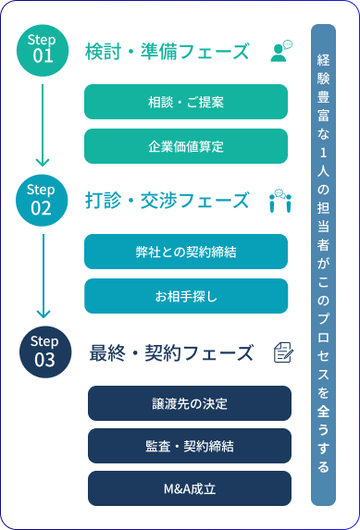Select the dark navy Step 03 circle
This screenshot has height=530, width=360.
click(44, 351)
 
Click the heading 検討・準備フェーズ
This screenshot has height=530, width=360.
click(167, 51)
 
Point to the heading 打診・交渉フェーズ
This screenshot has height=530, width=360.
click(167, 200)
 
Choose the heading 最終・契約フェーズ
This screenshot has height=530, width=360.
click(170, 352)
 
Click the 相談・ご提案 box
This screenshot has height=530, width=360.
click(185, 103)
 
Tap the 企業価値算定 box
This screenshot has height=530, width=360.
click(185, 146)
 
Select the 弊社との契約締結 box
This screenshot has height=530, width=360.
click(185, 253)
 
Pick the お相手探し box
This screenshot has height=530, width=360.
click(185, 296)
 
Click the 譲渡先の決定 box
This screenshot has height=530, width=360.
click(189, 404)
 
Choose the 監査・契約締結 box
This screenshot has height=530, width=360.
click(189, 446)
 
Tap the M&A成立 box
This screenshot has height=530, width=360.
click(189, 487)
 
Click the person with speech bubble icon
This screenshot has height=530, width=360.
click(280, 51)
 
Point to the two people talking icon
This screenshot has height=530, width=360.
click(280, 201)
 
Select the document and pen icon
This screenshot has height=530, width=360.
click(283, 352)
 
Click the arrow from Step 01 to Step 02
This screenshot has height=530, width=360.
click(42, 125)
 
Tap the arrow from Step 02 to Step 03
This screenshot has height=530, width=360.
click(43, 276)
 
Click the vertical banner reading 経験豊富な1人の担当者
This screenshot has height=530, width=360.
click(323, 265)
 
